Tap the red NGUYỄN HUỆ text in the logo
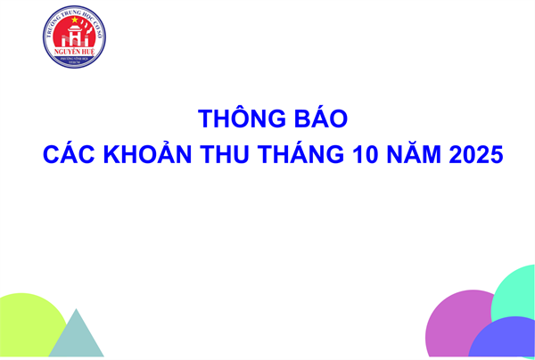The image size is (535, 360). pos(74,53)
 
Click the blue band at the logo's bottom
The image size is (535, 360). pos(74,63)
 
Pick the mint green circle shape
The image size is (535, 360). pos(517,294)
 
